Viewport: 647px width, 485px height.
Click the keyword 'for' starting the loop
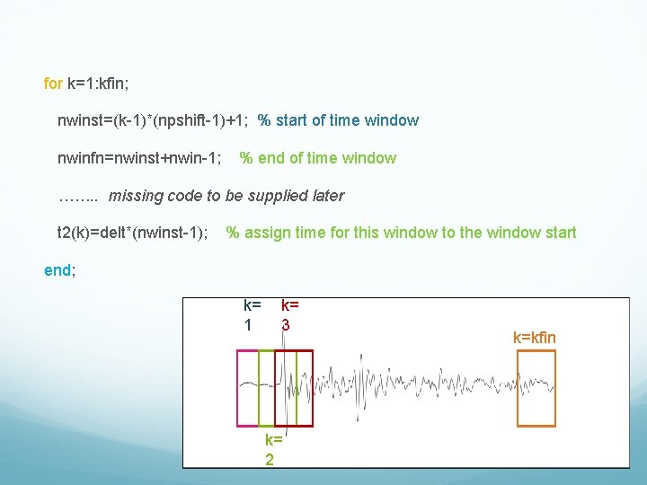53,84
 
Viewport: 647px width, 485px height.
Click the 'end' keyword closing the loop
58,269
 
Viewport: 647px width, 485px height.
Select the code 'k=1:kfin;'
99,84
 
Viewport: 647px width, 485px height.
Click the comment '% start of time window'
338,120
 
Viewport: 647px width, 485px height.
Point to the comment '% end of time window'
317,158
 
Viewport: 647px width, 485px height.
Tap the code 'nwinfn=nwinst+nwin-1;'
140,158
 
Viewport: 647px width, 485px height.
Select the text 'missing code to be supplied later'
226,196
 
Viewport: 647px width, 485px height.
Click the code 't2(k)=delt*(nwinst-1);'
133,234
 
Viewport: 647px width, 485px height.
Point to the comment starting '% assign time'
401,234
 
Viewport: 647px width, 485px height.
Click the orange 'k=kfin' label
535,338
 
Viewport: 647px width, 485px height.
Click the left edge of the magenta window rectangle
237,388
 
